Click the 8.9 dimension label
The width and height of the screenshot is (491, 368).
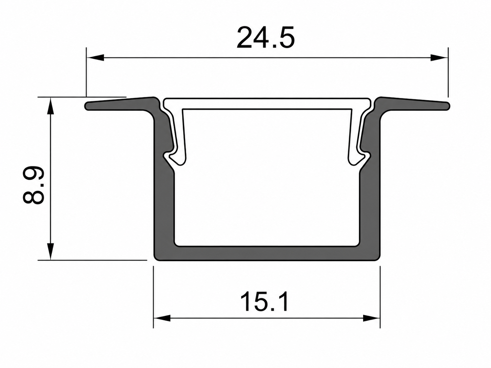33,185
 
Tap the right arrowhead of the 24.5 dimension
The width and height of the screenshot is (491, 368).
439,57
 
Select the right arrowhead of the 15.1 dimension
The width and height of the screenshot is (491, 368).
371,318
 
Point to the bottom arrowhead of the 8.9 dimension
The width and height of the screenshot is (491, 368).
51,251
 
